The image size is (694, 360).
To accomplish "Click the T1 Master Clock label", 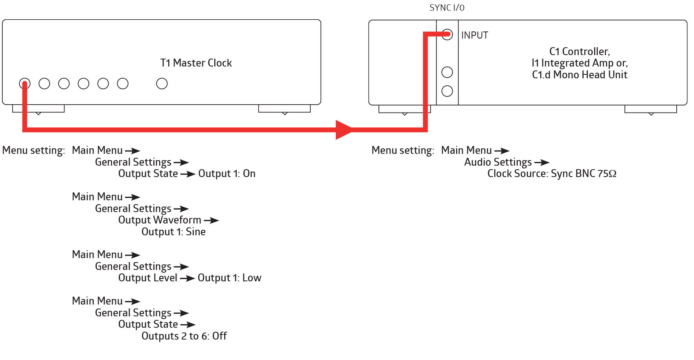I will tap(196, 63).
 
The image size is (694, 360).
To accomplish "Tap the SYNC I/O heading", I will tap(447, 8).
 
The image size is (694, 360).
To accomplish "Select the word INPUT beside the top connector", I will tap(475, 35).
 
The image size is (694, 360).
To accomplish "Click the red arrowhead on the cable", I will tap(344, 129).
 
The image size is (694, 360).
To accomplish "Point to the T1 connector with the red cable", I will tap(24, 83).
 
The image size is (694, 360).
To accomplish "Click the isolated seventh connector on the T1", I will tap(162, 83).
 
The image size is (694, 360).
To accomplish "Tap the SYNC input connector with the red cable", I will tap(447, 35).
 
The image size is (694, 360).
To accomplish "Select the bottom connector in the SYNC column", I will tap(447, 91).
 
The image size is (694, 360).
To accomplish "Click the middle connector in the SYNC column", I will tap(447, 72).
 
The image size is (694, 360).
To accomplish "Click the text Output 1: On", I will tap(227, 174).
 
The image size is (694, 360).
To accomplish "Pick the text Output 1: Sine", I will tap(173, 232).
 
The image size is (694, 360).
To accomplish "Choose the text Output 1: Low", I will tap(229, 278).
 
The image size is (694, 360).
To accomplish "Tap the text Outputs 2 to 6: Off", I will tap(184, 336).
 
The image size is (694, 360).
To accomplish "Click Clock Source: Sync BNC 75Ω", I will tap(552, 174).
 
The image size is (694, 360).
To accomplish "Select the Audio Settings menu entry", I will tap(498, 162).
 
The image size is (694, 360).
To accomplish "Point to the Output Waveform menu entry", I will tap(160, 220).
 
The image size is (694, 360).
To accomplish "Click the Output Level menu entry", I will tap(148, 278).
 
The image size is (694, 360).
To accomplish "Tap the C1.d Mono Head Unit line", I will tap(580, 75).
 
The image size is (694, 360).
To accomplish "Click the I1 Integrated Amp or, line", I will tap(580, 63).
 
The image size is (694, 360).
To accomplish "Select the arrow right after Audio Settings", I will tap(542, 162).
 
